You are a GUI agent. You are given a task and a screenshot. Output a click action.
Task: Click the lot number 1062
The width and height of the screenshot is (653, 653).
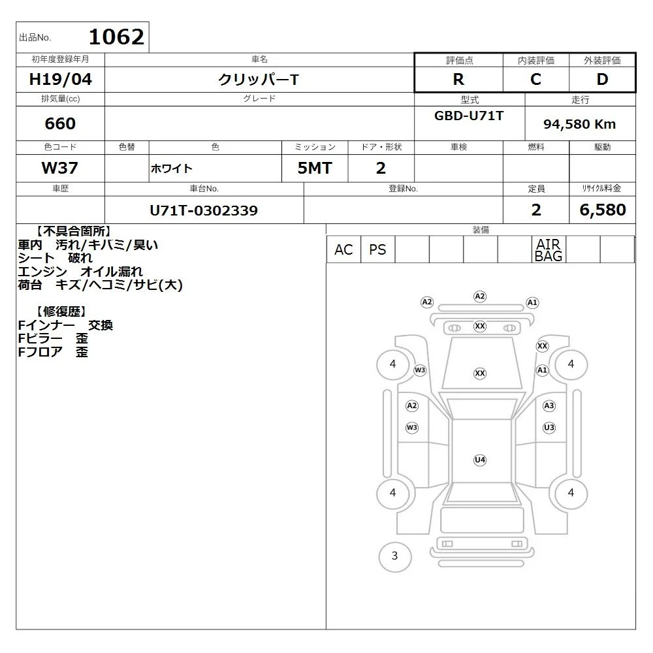click(117, 37)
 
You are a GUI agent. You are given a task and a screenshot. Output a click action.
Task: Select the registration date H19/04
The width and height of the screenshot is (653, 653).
click(60, 79)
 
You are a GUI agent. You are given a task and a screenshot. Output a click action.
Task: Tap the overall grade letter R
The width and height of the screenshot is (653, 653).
click(458, 79)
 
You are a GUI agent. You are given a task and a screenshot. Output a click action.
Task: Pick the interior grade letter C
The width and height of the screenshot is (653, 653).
click(536, 79)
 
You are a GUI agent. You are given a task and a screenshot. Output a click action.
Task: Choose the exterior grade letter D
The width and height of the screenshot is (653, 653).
click(602, 79)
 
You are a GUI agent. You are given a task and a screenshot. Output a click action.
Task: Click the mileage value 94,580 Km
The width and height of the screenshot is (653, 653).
click(579, 124)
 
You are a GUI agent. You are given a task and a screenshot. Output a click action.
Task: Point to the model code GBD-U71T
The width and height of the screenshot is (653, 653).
click(469, 116)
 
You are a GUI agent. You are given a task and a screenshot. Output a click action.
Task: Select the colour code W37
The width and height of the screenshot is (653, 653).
click(60, 168)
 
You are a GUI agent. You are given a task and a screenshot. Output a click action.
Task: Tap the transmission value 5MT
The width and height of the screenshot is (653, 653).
click(315, 168)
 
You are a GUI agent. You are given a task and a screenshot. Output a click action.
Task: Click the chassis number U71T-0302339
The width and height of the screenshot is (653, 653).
click(204, 210)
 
